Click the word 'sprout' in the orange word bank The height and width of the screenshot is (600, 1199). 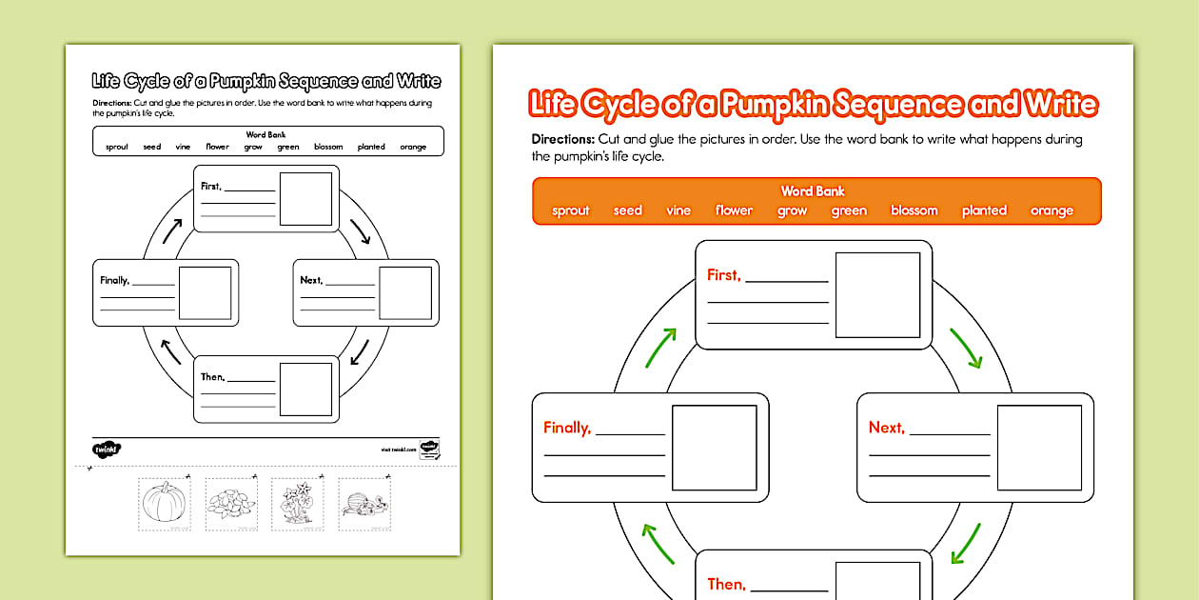tap(571, 210)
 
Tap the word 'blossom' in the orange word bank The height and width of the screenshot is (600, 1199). tap(914, 210)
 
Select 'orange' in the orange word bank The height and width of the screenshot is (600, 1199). tap(1052, 210)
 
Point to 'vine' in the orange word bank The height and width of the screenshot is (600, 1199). tap(678, 210)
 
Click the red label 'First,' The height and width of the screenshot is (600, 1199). tap(723, 275)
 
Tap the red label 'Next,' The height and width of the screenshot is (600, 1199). tap(886, 428)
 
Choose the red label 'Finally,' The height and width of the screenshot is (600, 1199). tap(567, 428)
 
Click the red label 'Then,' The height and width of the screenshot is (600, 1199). tap(725, 584)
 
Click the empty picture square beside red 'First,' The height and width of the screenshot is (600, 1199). tap(877, 295)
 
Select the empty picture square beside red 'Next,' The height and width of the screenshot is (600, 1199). tap(1039, 448)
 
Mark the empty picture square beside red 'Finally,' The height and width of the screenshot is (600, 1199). tap(714, 448)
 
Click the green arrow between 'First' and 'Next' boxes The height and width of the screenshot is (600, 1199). tap(966, 348)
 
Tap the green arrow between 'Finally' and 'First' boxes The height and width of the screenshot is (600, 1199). tap(662, 348)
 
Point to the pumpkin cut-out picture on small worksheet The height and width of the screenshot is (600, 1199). tap(164, 502)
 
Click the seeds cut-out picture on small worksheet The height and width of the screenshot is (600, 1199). tap(231, 503)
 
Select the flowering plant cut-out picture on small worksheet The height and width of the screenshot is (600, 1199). tap(297, 503)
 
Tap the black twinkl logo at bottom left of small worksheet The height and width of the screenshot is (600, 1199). tap(104, 448)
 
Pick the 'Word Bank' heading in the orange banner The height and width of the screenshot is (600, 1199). tap(813, 191)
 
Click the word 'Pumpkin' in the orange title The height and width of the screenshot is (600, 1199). tap(775, 104)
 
